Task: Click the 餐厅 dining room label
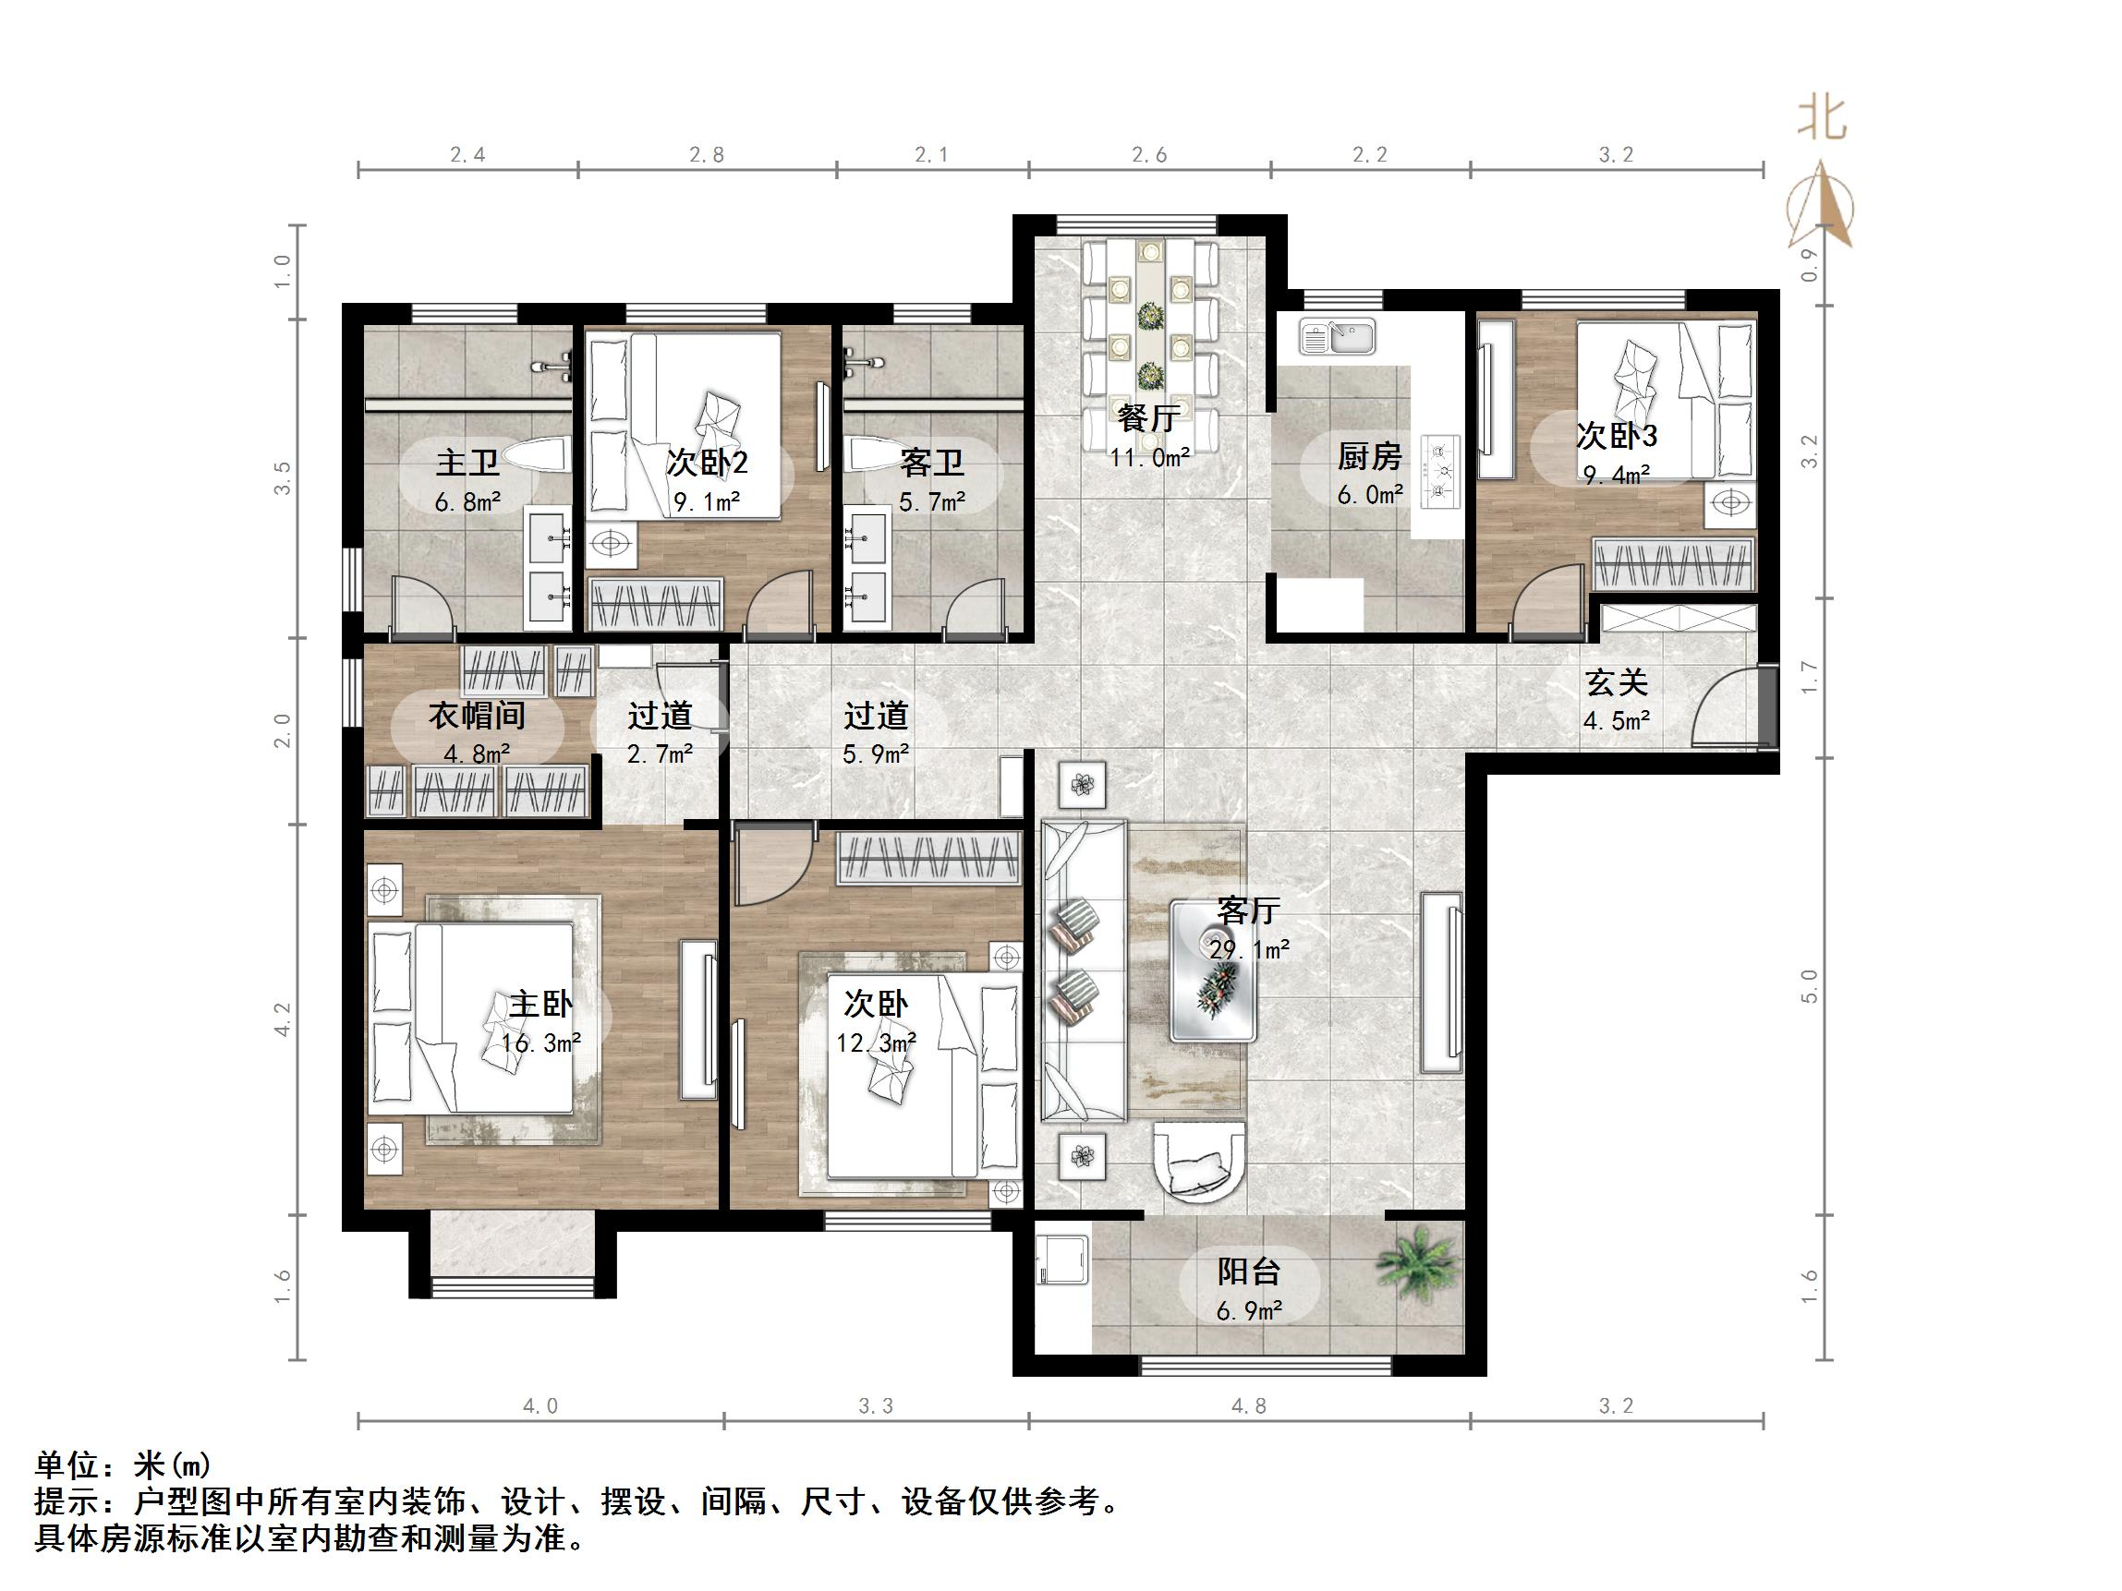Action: click(1148, 418)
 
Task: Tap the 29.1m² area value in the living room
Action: click(1248, 949)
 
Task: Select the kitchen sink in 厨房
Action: click(1338, 337)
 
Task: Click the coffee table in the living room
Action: click(1213, 971)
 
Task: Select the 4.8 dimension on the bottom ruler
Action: click(1248, 1406)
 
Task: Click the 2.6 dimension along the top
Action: click(1148, 154)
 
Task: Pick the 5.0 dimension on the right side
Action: click(1809, 986)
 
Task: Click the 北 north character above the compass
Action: click(1821, 120)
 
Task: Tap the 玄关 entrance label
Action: click(1616, 682)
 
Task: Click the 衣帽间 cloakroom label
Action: click(477, 716)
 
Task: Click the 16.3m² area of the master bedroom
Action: click(541, 1043)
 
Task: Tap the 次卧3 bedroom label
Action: click(1617, 437)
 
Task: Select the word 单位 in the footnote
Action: click(67, 1464)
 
